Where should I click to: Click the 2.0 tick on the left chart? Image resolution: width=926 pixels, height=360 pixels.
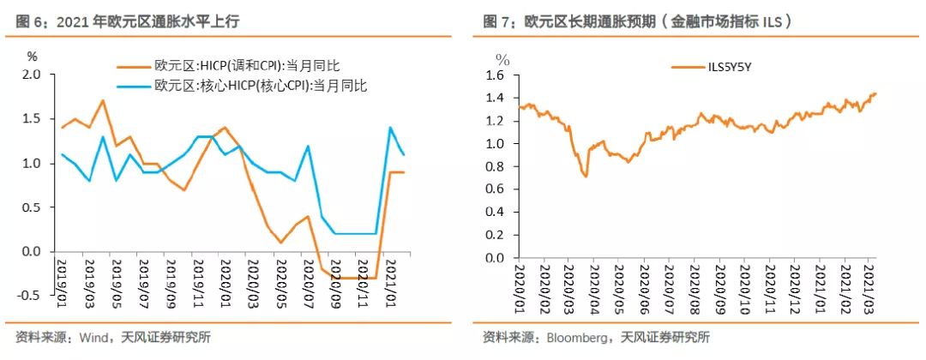click(x=30, y=75)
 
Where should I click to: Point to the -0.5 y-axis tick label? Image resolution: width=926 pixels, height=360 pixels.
click(x=28, y=295)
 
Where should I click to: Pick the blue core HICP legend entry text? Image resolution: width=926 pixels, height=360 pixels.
click(x=260, y=85)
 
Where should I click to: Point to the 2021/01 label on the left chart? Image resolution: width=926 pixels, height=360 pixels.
click(x=389, y=278)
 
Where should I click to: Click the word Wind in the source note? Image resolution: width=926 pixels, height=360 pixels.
click(x=92, y=337)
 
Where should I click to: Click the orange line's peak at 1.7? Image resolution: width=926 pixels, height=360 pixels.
click(x=103, y=100)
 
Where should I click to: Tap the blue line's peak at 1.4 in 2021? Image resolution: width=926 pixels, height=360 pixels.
click(x=391, y=128)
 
